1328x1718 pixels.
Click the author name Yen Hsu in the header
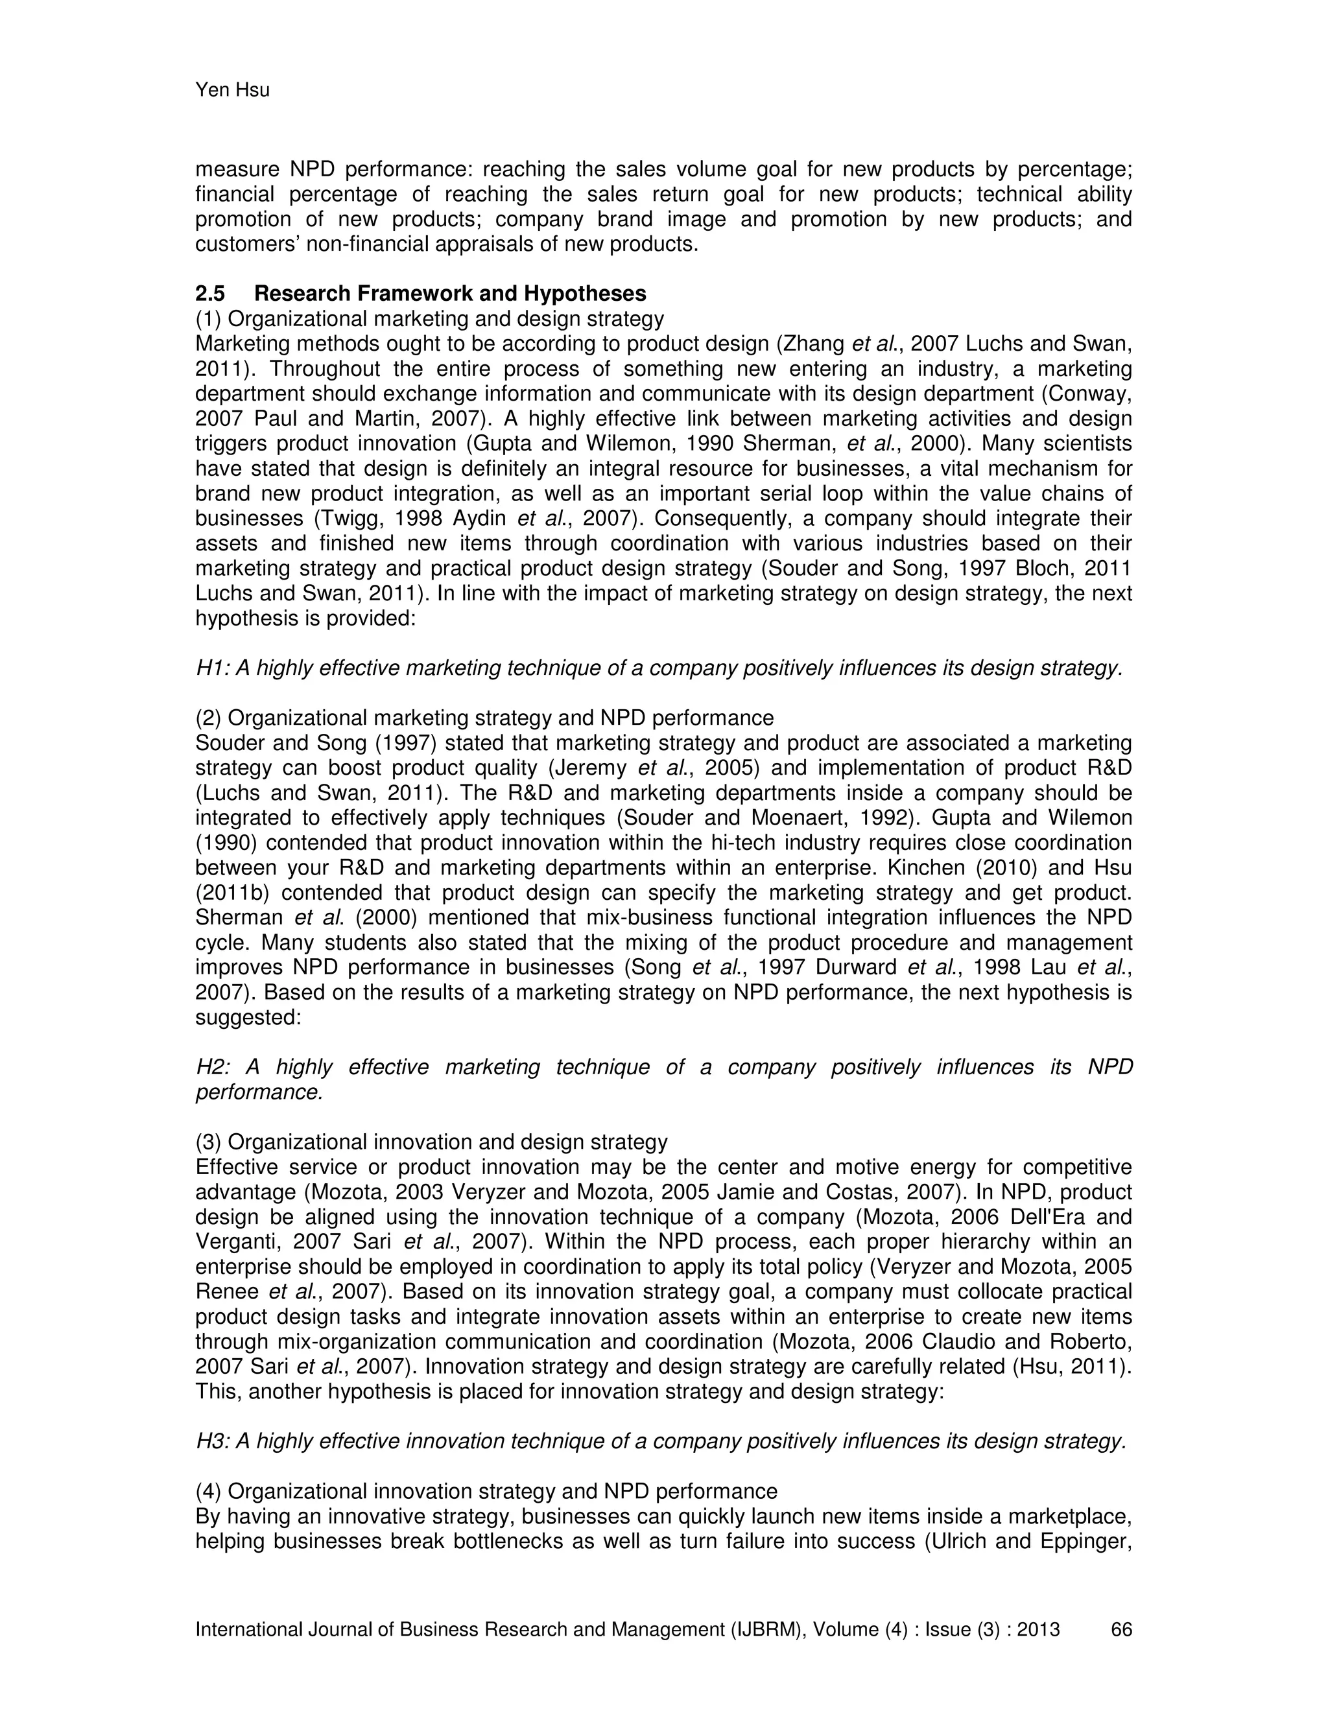point(232,91)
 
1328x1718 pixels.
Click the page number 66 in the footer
point(1121,1629)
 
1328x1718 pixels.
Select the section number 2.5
point(210,294)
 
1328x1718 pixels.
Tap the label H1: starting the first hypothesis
point(213,668)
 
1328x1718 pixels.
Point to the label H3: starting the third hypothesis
point(213,1441)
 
